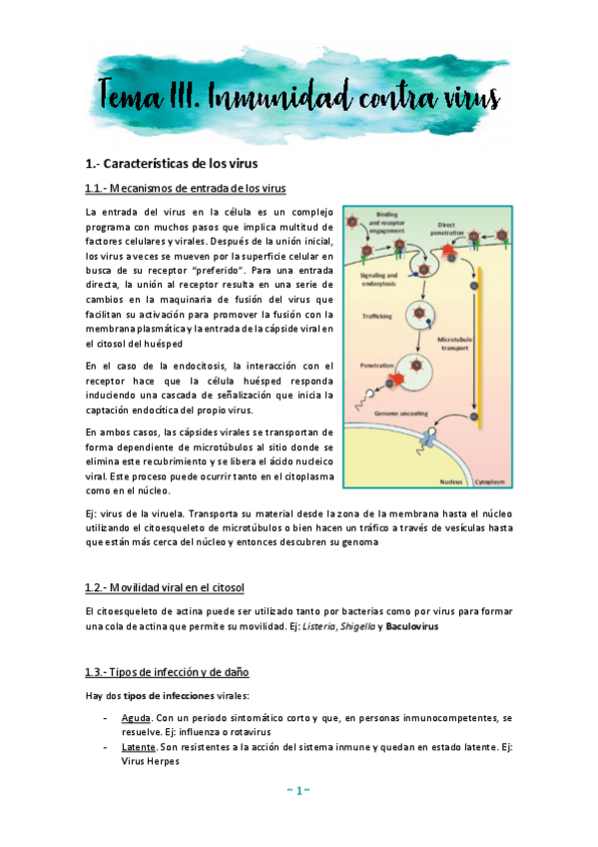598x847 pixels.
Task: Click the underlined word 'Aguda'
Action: coord(136,718)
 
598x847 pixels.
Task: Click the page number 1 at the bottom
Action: coord(299,791)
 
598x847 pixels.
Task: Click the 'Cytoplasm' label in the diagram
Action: coord(488,479)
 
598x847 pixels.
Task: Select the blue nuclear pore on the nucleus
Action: coord(427,437)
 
